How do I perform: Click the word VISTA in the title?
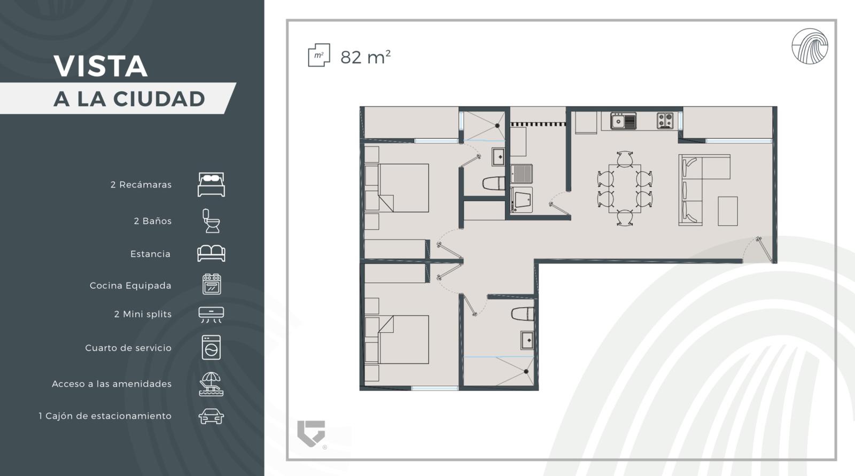pos(100,66)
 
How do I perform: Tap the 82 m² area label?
pos(366,57)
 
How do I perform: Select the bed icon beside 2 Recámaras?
pos(211,185)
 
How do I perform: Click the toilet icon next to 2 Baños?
pos(211,221)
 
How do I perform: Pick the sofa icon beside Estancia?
pos(211,253)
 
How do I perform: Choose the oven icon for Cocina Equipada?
pos(212,284)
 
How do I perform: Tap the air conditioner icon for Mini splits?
pos(211,315)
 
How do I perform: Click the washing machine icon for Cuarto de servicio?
pos(211,347)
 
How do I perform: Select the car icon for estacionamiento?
pos(211,417)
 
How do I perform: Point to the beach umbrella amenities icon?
pos(211,384)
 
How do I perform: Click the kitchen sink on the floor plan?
pos(623,121)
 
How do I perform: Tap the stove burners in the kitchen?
pos(665,121)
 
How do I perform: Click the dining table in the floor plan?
pos(625,188)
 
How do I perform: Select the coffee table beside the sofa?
pos(727,211)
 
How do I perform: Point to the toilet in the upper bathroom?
pos(493,184)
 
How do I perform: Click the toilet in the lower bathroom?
pos(523,314)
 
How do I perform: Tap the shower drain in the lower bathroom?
pos(526,371)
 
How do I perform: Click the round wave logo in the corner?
pos(810,46)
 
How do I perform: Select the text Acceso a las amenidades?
pos(112,384)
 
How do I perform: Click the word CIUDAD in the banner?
pos(159,99)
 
